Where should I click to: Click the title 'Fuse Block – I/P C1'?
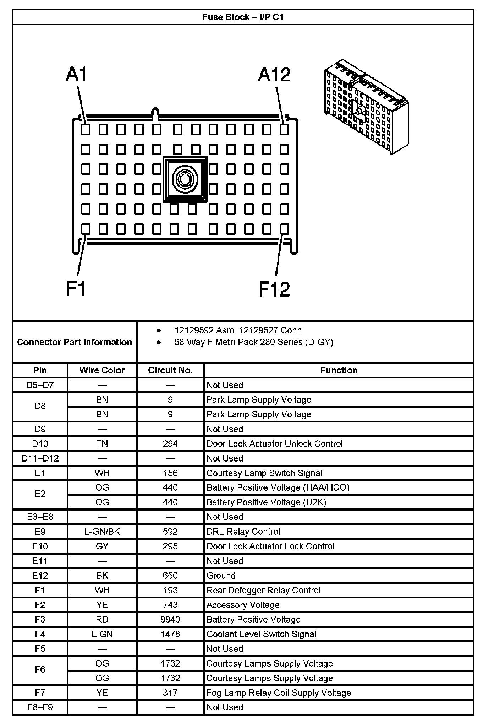click(x=243, y=17)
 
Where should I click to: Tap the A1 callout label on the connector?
click(x=76, y=75)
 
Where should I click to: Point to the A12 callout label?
click(x=274, y=75)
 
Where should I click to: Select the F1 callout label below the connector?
click(x=76, y=288)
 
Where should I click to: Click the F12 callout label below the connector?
click(x=274, y=289)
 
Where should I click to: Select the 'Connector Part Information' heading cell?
click(x=75, y=342)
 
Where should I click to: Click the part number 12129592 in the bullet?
click(x=194, y=330)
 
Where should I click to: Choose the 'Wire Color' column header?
click(x=102, y=370)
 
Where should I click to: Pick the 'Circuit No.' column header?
click(x=170, y=370)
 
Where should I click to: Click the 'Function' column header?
click(x=339, y=370)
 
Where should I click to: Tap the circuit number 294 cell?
click(x=170, y=444)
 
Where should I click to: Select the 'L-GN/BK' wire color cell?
click(x=102, y=532)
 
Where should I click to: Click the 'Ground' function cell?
click(x=221, y=576)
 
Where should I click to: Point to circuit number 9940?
click(x=170, y=620)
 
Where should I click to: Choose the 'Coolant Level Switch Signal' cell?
click(x=261, y=634)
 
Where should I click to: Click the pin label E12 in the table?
click(x=40, y=576)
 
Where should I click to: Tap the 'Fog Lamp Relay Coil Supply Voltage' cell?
click(x=279, y=693)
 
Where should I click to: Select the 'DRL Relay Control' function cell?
click(x=243, y=532)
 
